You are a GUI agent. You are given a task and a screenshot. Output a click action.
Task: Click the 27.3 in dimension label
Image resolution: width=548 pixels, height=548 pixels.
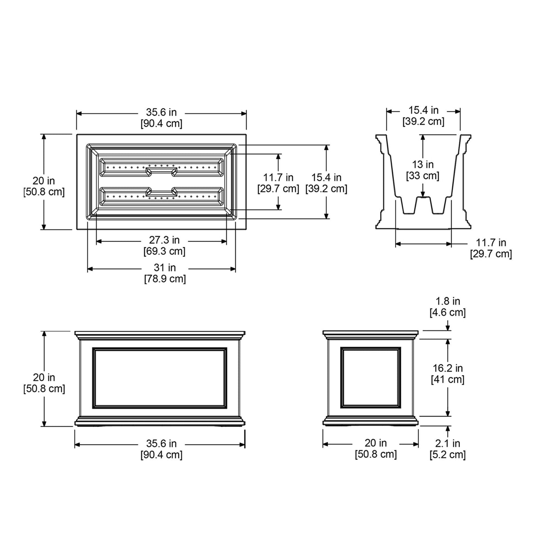(x=164, y=240)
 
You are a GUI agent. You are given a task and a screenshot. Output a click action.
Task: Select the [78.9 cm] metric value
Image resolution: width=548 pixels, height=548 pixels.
(x=165, y=279)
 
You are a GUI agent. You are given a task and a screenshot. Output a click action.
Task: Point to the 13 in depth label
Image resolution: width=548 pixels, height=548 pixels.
(x=422, y=164)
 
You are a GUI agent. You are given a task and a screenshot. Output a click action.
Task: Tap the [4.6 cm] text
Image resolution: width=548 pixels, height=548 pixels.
(x=448, y=312)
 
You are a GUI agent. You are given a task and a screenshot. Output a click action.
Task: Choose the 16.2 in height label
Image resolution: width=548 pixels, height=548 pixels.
(x=448, y=368)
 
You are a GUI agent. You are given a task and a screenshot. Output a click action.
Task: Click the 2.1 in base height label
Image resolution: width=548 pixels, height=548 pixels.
(x=448, y=443)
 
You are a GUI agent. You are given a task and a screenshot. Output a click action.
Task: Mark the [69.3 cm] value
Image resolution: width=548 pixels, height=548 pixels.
(x=164, y=251)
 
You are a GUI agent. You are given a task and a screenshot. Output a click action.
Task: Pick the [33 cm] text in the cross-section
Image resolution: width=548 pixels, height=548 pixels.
(x=422, y=176)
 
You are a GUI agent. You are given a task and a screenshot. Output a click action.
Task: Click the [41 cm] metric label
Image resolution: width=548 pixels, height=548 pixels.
(x=448, y=380)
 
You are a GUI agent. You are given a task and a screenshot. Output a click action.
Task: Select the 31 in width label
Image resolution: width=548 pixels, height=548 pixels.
(x=165, y=268)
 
